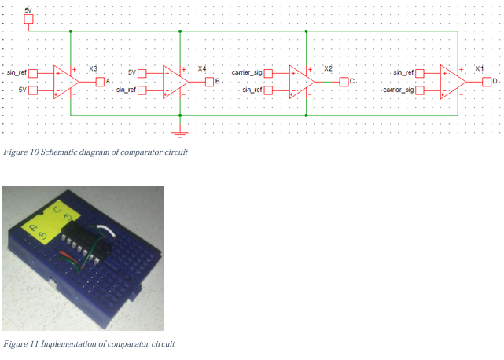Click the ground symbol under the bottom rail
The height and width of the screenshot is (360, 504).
[181, 124]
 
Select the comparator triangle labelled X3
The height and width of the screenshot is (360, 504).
[64, 81]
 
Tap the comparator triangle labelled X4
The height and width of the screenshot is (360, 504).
[174, 81]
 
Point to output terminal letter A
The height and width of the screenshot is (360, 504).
[107, 82]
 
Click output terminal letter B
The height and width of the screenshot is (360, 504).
[218, 82]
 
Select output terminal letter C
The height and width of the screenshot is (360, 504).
[352, 82]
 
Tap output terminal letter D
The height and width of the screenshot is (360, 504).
[495, 82]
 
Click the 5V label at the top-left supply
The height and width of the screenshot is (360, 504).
[29, 7]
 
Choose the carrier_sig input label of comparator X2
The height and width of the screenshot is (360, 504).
[246, 72]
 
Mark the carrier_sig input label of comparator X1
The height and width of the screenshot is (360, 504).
[398, 90]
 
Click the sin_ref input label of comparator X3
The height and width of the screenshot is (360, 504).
[17, 72]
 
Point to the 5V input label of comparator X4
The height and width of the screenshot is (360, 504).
[132, 72]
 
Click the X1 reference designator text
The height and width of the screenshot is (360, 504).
[479, 68]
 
